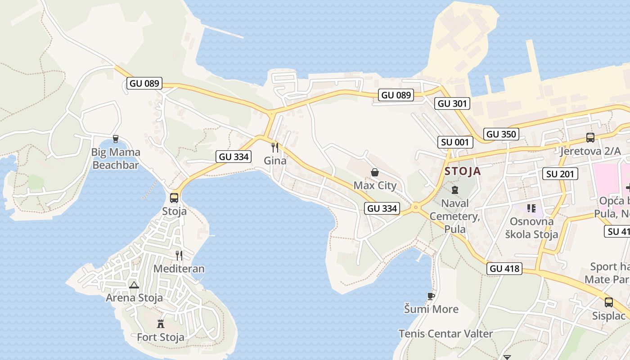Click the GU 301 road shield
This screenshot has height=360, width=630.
(453, 103)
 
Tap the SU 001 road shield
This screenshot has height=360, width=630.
(455, 142)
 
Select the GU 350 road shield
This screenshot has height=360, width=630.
(501, 134)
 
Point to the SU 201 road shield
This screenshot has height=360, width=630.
(560, 174)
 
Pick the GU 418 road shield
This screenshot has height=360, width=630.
(504, 269)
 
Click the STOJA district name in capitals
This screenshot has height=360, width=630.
(463, 171)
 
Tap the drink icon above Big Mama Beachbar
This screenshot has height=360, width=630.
(116, 139)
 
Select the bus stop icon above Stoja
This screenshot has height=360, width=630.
(174, 198)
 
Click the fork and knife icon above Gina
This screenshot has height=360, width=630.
(275, 147)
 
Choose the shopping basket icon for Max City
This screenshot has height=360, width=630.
(374, 172)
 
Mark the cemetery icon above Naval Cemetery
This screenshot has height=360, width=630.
(454, 190)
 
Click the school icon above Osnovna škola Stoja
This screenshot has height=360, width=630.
(531, 208)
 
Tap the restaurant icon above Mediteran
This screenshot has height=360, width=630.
(179, 256)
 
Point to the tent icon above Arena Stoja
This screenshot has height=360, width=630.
(134, 284)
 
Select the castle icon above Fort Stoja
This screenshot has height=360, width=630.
(160, 324)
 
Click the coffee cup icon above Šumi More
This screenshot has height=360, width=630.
(431, 296)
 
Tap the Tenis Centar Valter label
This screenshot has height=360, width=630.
(445, 333)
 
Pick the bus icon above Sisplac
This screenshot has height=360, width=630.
(608, 302)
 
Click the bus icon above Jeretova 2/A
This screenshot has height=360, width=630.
(590, 138)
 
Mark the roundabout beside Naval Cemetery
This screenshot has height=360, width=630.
(415, 207)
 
